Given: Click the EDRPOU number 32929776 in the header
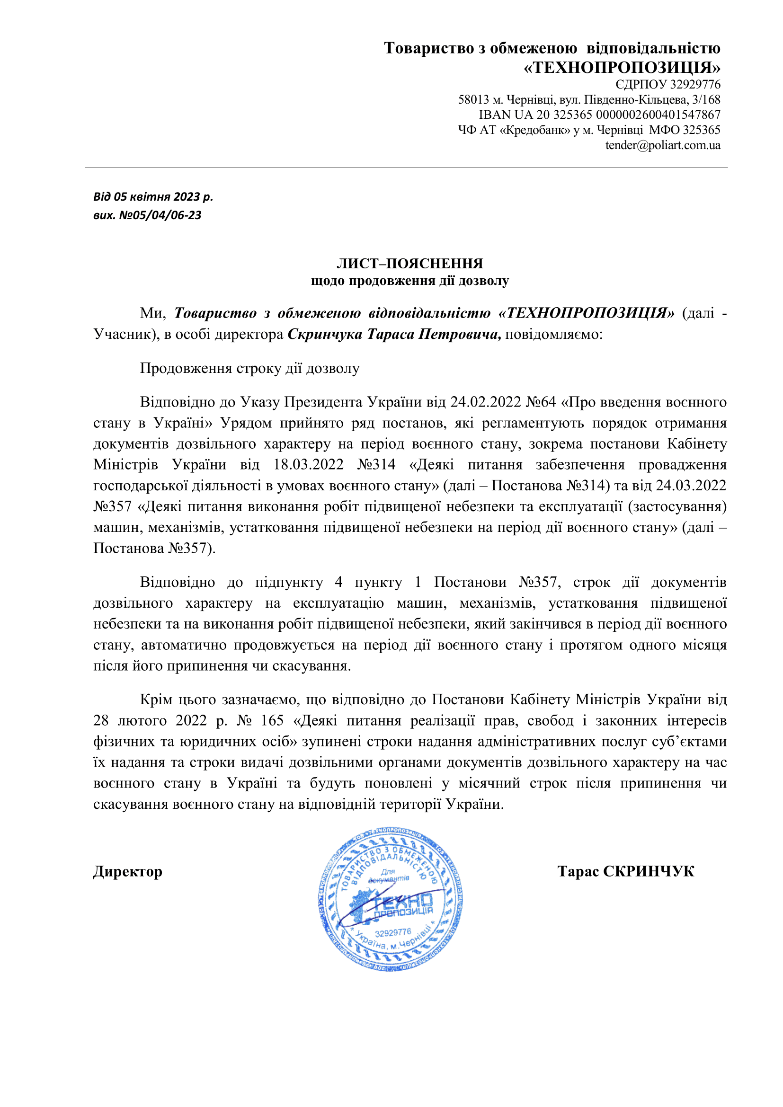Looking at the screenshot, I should pos(695,85).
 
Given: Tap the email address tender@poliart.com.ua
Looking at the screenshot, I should pos(662,145).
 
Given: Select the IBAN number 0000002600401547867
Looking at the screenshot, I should pos(658,115).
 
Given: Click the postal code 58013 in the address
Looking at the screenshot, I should pos(473,100).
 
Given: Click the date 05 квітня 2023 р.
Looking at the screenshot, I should pos(163,197).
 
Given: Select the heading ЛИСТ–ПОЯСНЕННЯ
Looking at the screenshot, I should pos(409,263).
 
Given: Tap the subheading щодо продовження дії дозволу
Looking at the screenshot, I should pos(409,281).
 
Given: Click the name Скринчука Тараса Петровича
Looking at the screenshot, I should pos(394,334).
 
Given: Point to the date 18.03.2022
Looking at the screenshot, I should pos(308,464).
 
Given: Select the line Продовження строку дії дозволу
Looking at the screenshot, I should pos(249,368).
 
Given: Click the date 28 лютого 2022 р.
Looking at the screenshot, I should pos(160,720).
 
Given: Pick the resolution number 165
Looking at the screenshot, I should pos(272,720).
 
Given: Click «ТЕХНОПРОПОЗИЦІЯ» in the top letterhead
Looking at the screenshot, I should pos(622,67).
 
